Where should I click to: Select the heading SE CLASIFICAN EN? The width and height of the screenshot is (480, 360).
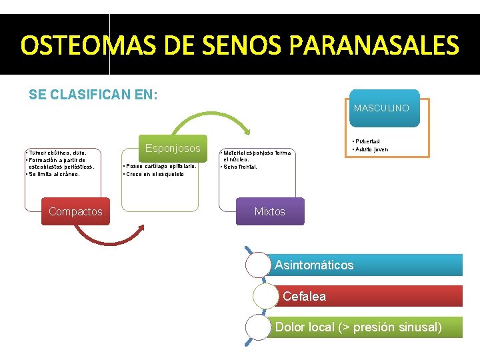click(x=93, y=95)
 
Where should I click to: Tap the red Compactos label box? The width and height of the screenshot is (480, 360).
click(x=76, y=211)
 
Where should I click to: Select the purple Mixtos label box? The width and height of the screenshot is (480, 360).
click(x=269, y=211)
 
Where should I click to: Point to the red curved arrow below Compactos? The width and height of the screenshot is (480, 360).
click(x=107, y=238)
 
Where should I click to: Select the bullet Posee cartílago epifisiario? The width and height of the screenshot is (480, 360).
click(x=160, y=167)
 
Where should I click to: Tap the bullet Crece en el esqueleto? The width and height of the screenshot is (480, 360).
click(x=154, y=174)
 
